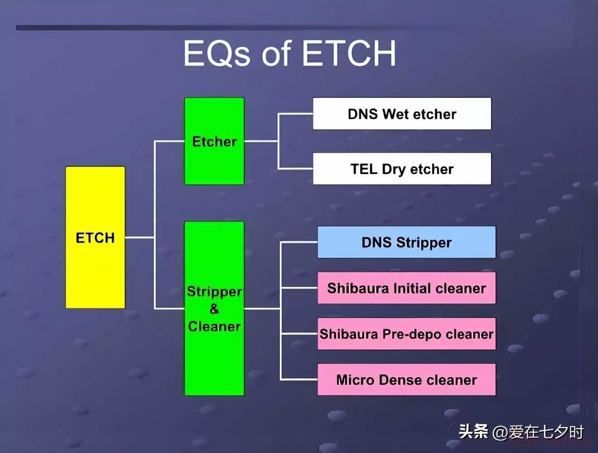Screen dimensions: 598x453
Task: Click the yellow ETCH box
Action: (95, 237)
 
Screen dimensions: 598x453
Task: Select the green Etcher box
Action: (214, 141)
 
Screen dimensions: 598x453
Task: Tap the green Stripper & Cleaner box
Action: (214, 308)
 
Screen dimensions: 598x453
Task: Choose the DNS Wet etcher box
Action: (402, 114)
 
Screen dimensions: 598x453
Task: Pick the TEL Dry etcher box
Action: (402, 169)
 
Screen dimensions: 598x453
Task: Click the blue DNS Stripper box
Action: (407, 242)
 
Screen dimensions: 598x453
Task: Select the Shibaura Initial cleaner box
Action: (407, 288)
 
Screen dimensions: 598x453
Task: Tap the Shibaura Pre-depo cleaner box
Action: (407, 334)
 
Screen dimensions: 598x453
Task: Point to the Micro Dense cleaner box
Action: (407, 380)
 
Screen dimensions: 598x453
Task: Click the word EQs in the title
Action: (217, 53)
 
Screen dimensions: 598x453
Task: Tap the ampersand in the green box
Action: (214, 309)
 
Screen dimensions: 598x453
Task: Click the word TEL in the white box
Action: (364, 169)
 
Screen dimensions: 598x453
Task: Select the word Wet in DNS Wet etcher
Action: (396, 114)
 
